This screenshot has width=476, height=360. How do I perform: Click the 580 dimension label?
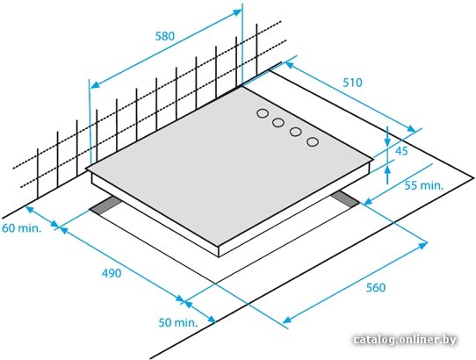coord(165,36)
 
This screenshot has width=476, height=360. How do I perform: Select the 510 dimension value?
coord(352,83)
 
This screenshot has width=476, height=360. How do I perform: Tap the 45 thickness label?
coord(401,151)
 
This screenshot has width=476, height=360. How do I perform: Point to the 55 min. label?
coord(424,185)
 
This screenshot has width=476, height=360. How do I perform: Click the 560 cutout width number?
coord(376,287)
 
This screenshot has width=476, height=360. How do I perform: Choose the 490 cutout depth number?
coord(112,273)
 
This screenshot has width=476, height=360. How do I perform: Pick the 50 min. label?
coord(178,322)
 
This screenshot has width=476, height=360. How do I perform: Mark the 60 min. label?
coord(21,228)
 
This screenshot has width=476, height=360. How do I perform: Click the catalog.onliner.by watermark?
coord(405,339)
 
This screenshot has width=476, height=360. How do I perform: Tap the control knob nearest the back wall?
coord(263,113)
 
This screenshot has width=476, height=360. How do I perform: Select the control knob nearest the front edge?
coord(313,141)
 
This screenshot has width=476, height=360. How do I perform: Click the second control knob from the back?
coord(278,123)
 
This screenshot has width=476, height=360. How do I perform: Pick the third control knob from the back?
coord(295,132)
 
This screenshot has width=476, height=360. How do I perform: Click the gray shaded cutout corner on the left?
coord(105,205)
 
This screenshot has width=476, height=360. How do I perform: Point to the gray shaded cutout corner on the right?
coord(345,199)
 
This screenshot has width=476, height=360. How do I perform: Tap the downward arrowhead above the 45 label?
coord(387,141)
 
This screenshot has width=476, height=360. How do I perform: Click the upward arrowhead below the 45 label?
coord(387,170)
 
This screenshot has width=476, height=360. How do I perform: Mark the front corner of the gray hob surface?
coord(219,246)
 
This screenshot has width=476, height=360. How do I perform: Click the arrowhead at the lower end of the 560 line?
coord(287,319)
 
